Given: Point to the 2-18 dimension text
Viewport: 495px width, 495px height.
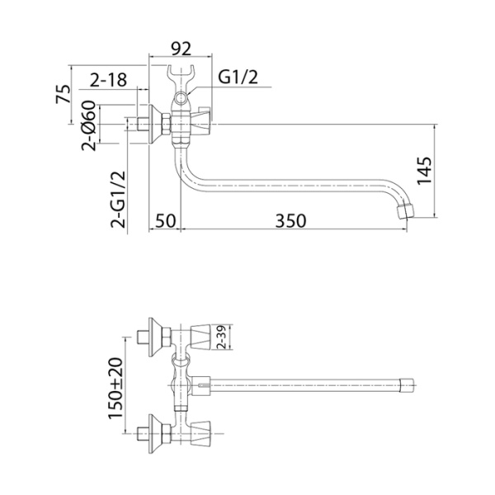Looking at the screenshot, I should pos(107,80).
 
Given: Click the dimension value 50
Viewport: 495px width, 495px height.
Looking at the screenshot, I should pos(165,221).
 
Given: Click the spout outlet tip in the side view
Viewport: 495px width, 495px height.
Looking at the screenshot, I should pos(405,211).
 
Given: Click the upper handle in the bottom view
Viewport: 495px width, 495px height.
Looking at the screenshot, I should pos(204,334).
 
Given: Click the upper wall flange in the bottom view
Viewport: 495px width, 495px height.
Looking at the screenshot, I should pos(153,334).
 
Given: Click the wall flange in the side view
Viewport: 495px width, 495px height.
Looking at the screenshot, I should pos(153,125).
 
